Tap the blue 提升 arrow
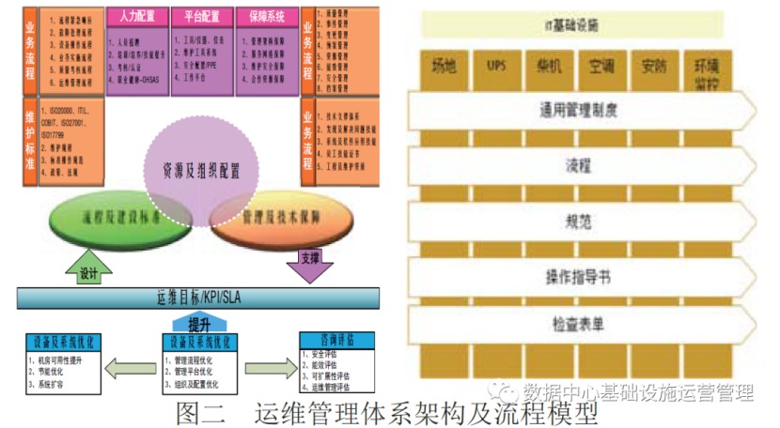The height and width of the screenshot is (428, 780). click(x=200, y=323)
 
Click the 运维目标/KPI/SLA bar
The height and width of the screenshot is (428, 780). click(x=198, y=298)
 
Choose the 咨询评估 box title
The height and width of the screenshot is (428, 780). click(x=336, y=339)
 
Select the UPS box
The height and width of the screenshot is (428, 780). click(x=496, y=68)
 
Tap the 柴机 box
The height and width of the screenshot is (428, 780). click(x=549, y=68)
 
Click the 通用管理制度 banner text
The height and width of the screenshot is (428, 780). click(x=578, y=109)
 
